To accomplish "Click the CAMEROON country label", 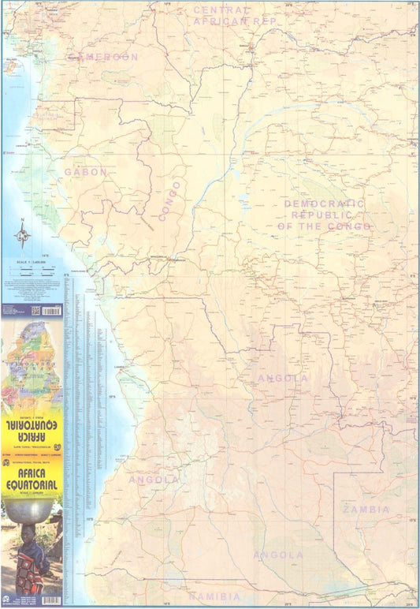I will click(104, 57).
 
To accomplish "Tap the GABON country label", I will click(85, 171).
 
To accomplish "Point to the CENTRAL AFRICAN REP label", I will click(236, 16).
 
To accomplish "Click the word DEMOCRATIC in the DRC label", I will click(325, 204).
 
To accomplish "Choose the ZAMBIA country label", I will click(366, 510).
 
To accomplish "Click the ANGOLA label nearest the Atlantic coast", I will click(154, 480).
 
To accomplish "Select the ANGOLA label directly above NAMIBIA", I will click(278, 555).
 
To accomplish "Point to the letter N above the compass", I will click(23, 220).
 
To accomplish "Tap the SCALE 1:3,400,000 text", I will click(32, 261).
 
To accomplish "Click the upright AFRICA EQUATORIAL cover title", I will click(32, 466).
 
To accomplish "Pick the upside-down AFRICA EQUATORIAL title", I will click(32, 429).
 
